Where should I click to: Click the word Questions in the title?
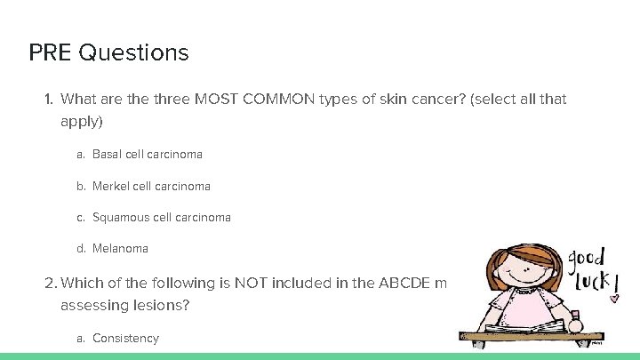coord(133,52)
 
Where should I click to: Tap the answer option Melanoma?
coord(120,249)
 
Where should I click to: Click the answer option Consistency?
coord(125,338)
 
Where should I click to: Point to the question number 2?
coord(50,283)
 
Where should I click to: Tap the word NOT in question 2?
coord(252,283)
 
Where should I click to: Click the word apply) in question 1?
coord(82,119)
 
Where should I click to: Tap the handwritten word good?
coord(588,259)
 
